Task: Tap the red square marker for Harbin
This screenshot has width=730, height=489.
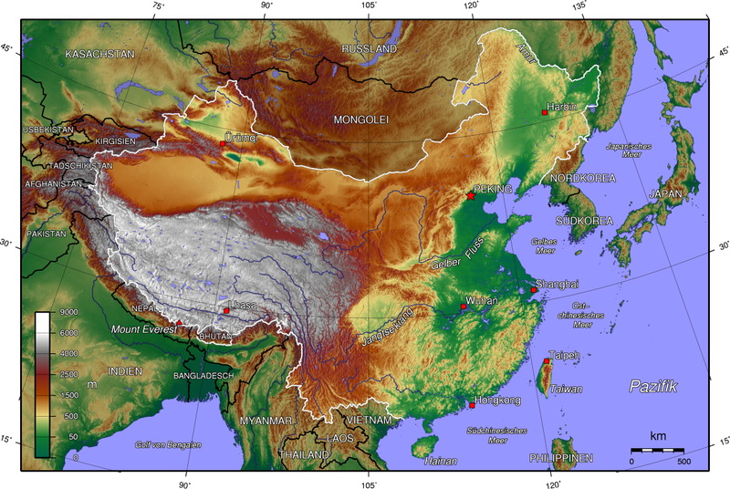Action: click(545, 113)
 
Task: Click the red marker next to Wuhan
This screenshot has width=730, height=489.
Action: click(464, 307)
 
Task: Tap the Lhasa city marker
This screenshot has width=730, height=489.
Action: click(226, 311)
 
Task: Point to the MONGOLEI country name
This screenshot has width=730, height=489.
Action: click(361, 120)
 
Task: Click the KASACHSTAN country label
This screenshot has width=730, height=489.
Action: click(100, 55)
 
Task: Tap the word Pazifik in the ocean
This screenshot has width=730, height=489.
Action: click(652, 387)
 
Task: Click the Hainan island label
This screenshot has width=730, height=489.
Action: click(441, 461)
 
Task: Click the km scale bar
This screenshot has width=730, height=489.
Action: click(657, 450)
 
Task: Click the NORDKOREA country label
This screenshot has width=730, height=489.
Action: click(582, 179)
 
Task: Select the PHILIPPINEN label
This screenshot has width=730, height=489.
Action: click(560, 457)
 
